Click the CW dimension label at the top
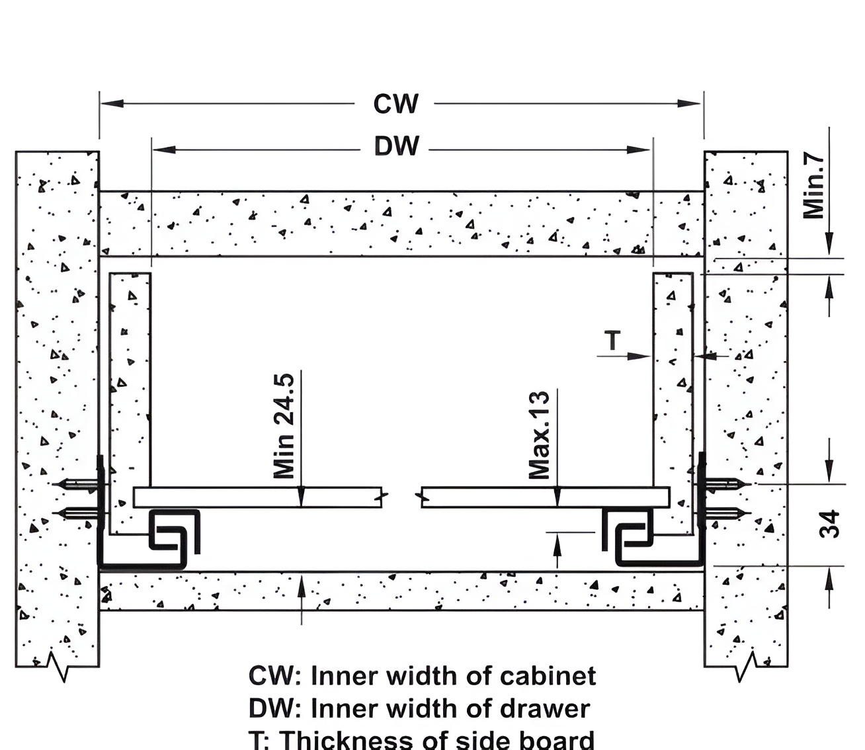(x=395, y=104)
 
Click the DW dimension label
(x=396, y=146)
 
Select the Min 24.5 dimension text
(x=284, y=426)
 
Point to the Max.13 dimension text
(x=539, y=435)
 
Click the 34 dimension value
(x=829, y=524)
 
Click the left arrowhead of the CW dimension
(x=112, y=103)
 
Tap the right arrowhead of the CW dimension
(x=689, y=103)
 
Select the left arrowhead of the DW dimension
(x=164, y=149)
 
